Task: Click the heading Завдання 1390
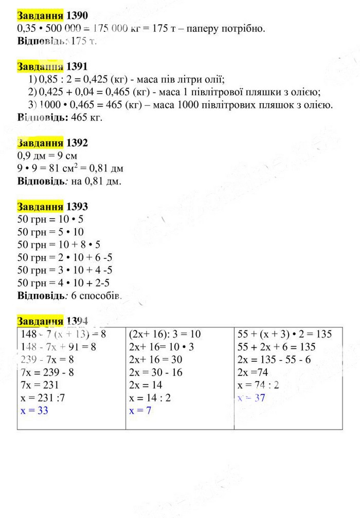pyautogui.click(x=49, y=16)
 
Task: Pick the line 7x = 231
pyautogui.click(x=39, y=385)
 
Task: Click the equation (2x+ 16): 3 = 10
pyautogui.click(x=165, y=334)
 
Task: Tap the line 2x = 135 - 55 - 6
pyautogui.click(x=274, y=360)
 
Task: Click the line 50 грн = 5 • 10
pyautogui.click(x=50, y=232)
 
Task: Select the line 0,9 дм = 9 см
pyautogui.click(x=47, y=155)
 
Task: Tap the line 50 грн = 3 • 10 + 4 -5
pyautogui.click(x=65, y=270)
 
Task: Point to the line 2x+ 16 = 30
pyautogui.click(x=156, y=360)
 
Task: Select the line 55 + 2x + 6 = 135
pyautogui.click(x=277, y=347)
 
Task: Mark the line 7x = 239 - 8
pyautogui.click(x=45, y=373)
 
